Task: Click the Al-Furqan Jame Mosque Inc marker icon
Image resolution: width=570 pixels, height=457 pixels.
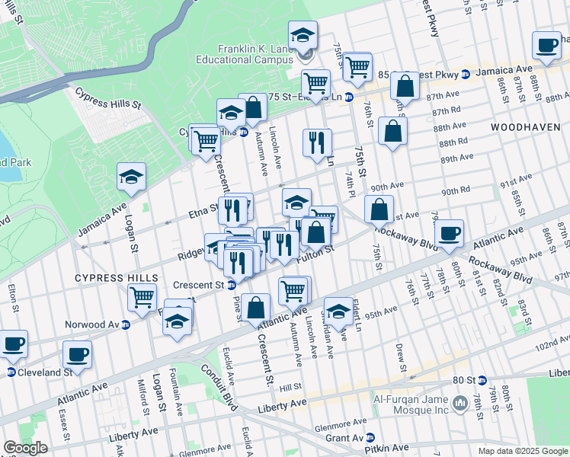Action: [460, 402]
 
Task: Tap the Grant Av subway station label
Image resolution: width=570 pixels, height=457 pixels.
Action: [344, 438]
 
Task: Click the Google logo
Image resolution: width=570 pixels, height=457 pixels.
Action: [25, 448]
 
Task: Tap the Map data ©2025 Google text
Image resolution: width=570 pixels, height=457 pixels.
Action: [522, 450]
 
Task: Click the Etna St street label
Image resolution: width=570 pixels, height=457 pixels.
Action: [197, 214]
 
